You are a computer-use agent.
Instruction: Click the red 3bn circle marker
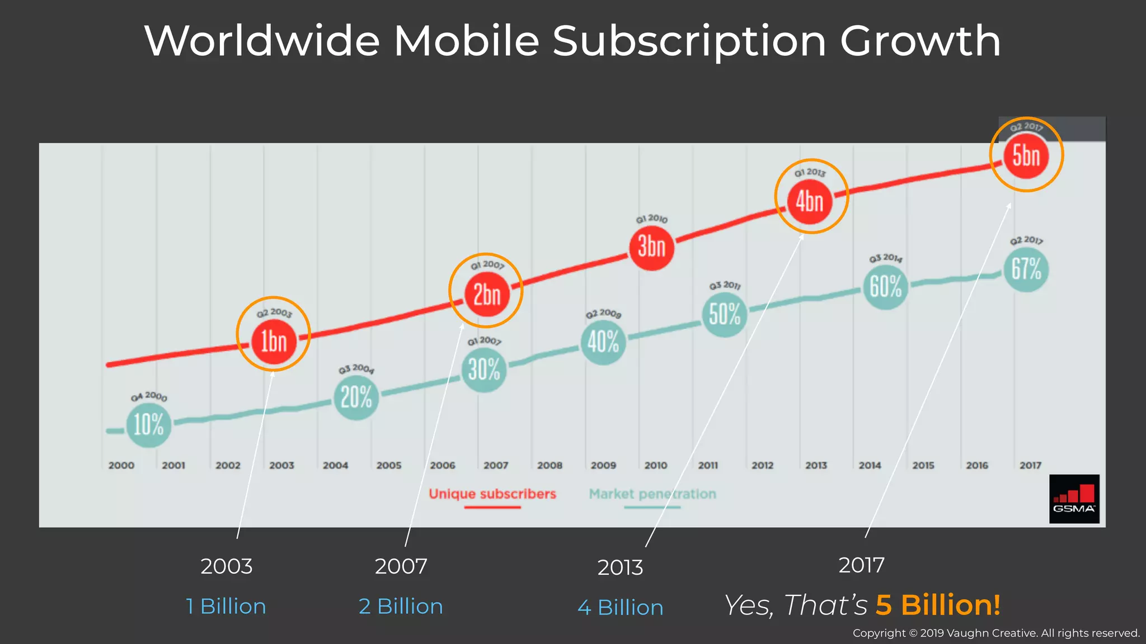tap(651, 247)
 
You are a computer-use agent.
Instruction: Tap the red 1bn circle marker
tap(274, 341)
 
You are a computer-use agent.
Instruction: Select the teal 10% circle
tap(148, 425)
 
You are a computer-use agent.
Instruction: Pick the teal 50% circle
tap(724, 314)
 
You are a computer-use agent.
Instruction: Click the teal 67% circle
tap(1026, 269)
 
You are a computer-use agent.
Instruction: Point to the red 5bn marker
tap(1026, 155)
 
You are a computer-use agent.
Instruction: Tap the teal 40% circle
tap(603, 342)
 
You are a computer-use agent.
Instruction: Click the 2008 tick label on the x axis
tap(549, 465)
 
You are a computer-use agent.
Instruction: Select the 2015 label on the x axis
tap(923, 465)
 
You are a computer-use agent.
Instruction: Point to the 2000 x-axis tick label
tap(121, 465)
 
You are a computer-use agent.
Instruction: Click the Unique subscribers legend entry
tap(492, 494)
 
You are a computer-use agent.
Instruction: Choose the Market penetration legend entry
tap(652, 494)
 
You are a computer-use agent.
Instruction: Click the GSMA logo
tap(1074, 499)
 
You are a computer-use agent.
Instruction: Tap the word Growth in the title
tap(920, 41)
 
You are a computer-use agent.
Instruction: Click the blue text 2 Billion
tap(401, 607)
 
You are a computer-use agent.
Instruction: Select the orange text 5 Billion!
tap(938, 605)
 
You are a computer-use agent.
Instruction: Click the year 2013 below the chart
tap(620, 567)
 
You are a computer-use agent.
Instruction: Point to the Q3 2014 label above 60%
tap(885, 258)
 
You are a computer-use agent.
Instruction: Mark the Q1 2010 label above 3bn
tap(651, 219)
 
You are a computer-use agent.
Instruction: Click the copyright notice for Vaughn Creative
tap(996, 633)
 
